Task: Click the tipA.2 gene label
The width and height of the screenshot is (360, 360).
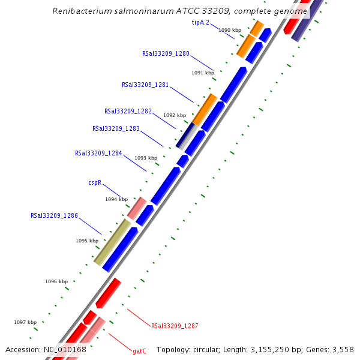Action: [200, 22]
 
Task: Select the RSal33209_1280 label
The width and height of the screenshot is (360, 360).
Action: [166, 53]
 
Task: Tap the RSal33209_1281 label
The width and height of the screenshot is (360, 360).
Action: [145, 85]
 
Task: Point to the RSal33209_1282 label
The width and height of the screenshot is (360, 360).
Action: [128, 111]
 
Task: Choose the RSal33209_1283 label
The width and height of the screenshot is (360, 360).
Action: [116, 128]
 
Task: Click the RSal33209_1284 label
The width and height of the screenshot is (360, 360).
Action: [98, 153]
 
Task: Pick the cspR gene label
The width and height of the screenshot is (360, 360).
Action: [95, 182]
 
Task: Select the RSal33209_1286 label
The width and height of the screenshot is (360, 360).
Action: [54, 215]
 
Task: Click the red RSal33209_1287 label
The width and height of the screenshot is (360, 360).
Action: [175, 326]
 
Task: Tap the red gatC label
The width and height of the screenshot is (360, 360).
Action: [139, 351]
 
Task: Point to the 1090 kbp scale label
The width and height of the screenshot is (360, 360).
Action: [230, 29]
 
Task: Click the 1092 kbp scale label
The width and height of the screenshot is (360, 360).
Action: [175, 115]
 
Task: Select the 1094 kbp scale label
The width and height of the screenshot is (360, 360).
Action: [116, 199]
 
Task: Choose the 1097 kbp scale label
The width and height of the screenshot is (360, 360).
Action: [25, 322]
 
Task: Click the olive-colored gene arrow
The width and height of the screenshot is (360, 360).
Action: [112, 242]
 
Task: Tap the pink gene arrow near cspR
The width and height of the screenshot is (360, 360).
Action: [137, 208]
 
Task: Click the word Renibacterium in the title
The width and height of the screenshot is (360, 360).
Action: [81, 11]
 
